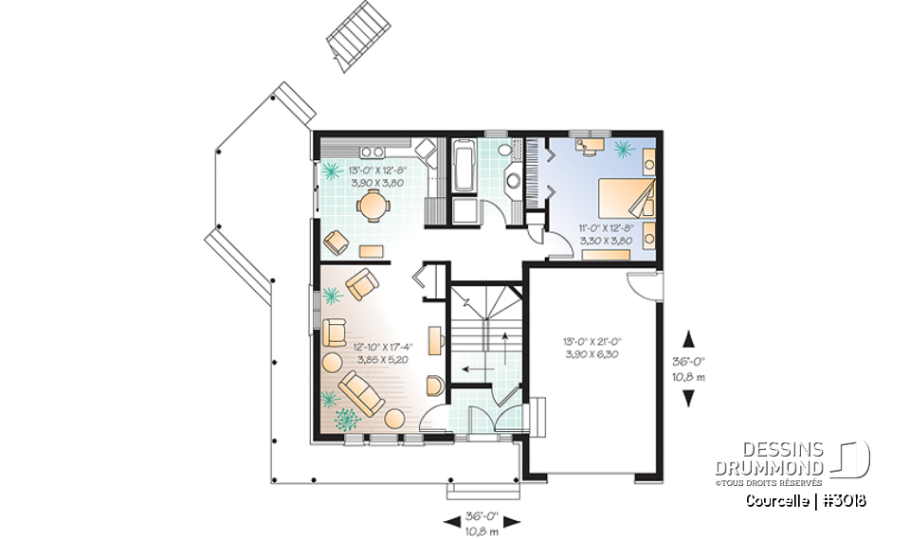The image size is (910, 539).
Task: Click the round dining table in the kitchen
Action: pos(376,205)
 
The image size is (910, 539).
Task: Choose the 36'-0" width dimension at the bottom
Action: pos(482,522)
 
